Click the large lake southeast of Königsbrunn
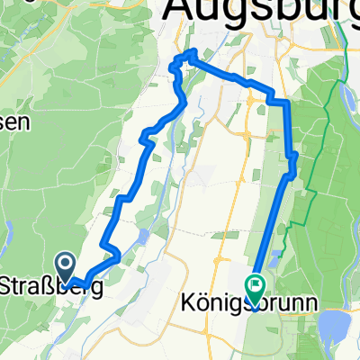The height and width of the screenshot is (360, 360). (335, 322)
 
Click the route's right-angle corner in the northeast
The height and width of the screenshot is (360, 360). (287, 103)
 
